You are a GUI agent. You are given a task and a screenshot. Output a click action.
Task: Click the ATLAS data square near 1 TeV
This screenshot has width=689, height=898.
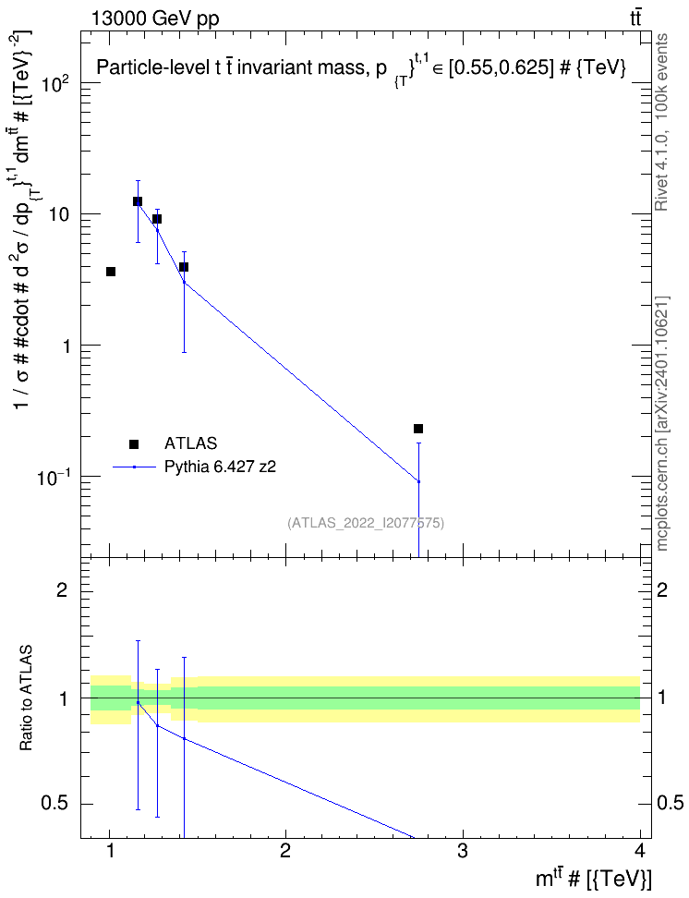(111, 272)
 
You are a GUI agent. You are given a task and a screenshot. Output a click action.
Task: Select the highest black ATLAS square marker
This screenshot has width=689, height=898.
(138, 201)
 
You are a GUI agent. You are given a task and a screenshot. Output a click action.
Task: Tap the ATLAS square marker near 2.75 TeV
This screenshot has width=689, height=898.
(418, 429)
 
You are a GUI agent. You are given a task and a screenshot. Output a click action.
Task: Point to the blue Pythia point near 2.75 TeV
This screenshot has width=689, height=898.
(418, 481)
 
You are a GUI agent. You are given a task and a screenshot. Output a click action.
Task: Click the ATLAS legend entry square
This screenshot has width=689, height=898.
(134, 443)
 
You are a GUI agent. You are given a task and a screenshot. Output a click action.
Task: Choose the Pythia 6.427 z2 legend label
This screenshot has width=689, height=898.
(221, 467)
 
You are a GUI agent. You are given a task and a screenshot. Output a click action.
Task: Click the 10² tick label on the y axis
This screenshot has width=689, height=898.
(57, 84)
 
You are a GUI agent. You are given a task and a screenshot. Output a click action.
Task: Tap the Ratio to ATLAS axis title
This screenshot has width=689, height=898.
(26, 698)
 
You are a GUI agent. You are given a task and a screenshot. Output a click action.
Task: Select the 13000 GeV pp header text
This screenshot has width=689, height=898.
(155, 18)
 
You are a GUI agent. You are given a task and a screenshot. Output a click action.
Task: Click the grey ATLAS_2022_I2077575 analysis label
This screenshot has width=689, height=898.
(366, 522)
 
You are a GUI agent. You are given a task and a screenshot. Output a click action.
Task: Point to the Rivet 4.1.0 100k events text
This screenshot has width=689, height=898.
(661, 122)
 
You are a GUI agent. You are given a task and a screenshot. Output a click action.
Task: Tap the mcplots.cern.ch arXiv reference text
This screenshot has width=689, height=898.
(661, 423)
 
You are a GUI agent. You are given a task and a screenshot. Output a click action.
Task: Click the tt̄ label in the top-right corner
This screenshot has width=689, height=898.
(635, 18)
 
